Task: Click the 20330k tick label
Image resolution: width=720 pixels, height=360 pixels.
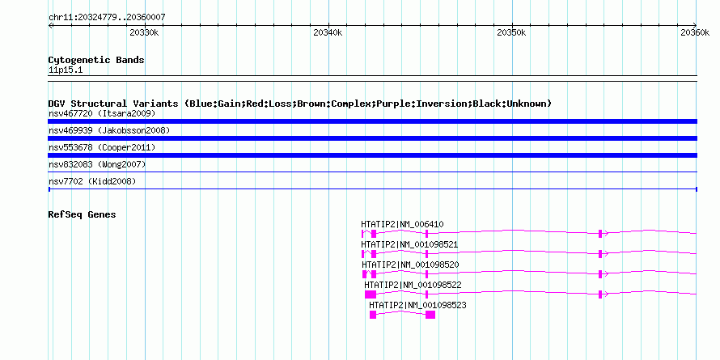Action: click(144, 32)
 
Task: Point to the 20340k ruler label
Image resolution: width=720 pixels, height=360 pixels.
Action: click(328, 32)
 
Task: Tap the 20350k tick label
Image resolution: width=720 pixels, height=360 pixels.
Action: click(511, 32)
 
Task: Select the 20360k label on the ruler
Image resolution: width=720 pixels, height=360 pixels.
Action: click(695, 32)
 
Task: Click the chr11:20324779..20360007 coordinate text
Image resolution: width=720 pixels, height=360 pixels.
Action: click(107, 18)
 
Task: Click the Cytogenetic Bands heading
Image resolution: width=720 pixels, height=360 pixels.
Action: click(96, 60)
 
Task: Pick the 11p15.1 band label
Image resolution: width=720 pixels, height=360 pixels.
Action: click(66, 70)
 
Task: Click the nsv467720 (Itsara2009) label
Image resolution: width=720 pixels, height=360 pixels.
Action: click(102, 113)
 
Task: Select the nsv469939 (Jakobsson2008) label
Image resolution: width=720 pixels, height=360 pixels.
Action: click(109, 130)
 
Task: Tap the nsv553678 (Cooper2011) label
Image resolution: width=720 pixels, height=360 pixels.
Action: click(102, 147)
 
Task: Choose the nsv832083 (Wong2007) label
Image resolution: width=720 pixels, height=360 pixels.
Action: click(97, 164)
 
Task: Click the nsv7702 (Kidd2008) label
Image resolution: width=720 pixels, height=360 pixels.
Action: click(92, 181)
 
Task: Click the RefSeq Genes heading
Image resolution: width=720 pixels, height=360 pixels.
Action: click(82, 214)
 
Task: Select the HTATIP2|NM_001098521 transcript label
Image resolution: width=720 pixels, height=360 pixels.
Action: click(409, 244)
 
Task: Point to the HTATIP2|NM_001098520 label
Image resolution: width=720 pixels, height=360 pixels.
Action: click(410, 265)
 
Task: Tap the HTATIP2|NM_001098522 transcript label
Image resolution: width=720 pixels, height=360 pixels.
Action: click(413, 285)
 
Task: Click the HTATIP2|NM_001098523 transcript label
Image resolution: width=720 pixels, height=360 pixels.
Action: click(418, 305)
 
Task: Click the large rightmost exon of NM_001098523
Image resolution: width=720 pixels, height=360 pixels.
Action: click(430, 315)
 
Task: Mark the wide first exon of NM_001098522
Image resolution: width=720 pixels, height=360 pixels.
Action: click(371, 294)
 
